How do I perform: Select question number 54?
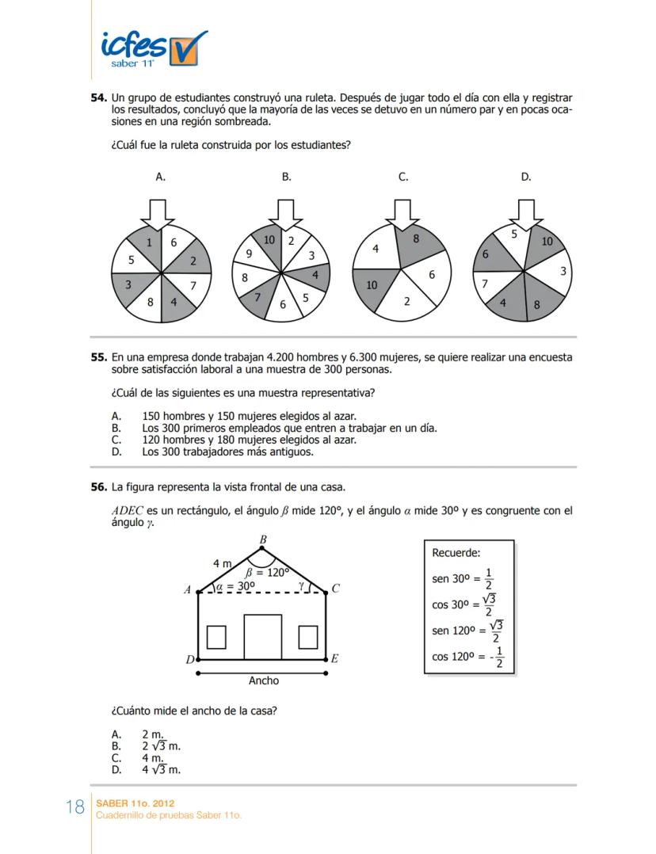click(x=98, y=97)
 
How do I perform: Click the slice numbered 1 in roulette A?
click(x=148, y=243)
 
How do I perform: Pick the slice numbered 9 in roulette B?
click(x=249, y=254)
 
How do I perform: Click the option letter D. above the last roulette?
click(x=526, y=177)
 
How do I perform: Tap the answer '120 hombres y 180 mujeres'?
click(x=248, y=440)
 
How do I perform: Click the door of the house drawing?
click(x=262, y=635)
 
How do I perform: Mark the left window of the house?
click(x=216, y=637)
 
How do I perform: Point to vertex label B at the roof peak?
click(x=263, y=539)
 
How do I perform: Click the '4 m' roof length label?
click(x=222, y=563)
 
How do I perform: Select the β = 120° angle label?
click(x=268, y=571)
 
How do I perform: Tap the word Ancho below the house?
click(x=263, y=681)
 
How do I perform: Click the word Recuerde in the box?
click(x=456, y=552)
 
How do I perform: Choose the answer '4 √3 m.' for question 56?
click(x=161, y=768)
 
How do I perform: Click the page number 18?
click(x=75, y=808)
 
